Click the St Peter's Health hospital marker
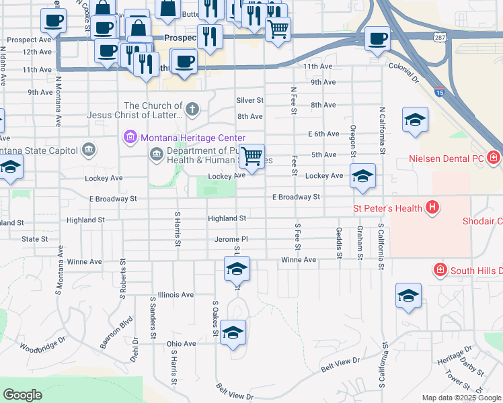[x=433, y=208]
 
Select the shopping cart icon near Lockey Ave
[x=251, y=157]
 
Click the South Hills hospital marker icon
[x=440, y=270]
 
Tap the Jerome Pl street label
[x=231, y=239]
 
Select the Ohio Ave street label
[x=181, y=343]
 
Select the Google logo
[x=23, y=395]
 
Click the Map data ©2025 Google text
[x=461, y=398]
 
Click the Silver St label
[x=249, y=100]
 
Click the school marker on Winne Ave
[x=237, y=269]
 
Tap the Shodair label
[x=482, y=221]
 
